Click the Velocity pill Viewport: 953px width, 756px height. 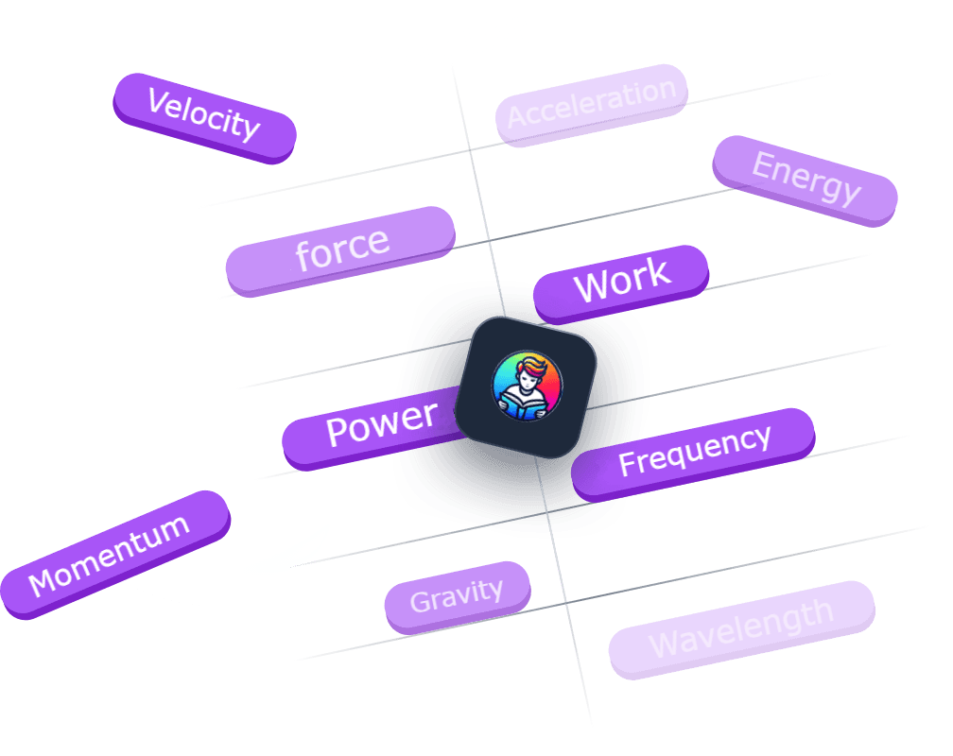(204, 117)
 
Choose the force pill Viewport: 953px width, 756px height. (340, 250)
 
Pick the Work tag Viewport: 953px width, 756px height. (621, 282)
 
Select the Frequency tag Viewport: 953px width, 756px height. (694, 452)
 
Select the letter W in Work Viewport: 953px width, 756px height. (592, 286)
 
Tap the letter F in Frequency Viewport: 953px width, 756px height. (627, 465)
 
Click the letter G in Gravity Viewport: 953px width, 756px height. (420, 602)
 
